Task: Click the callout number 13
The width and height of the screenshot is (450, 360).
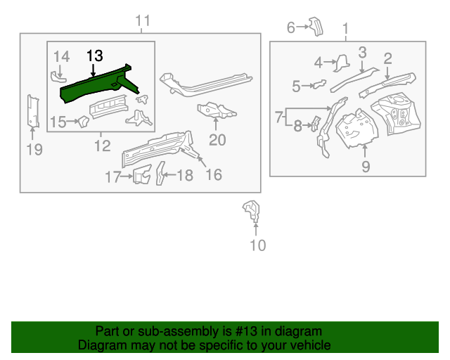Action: (94, 56)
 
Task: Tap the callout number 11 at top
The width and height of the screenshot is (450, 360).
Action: (143, 21)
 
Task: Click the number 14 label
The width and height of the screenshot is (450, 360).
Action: (62, 56)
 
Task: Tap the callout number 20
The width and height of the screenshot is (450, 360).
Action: (217, 140)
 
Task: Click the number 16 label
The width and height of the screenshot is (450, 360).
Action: (212, 174)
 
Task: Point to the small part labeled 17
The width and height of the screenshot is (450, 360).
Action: (143, 175)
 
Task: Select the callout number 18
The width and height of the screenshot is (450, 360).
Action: (184, 175)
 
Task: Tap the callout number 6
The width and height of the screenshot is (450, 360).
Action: (290, 27)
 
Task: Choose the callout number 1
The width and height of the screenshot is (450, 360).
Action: (345, 28)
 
